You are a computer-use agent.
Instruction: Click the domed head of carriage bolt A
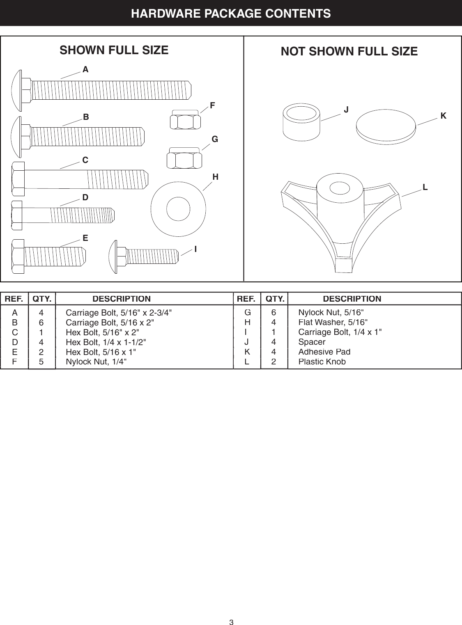click(17, 90)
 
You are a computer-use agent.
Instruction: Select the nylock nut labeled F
click(185, 120)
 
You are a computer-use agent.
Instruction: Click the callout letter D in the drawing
click(85, 198)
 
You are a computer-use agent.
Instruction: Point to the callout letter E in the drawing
click(85, 238)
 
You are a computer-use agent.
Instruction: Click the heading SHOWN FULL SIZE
click(114, 50)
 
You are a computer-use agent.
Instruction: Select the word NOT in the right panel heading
click(293, 52)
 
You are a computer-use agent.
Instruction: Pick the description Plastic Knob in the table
click(322, 362)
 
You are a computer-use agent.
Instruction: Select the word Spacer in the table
click(312, 342)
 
